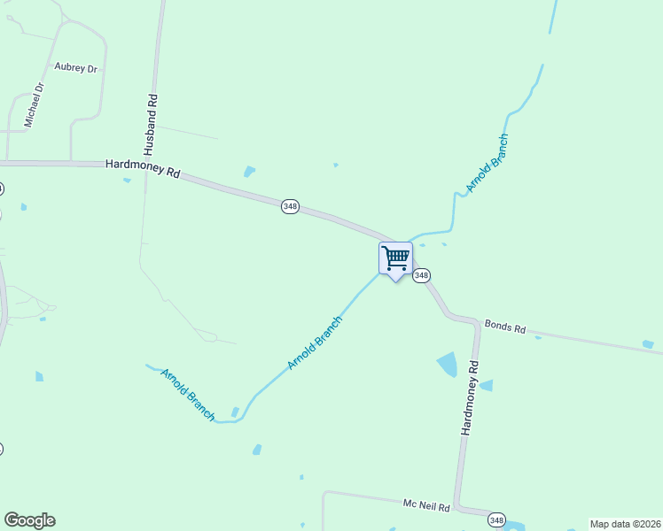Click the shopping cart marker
tap(395, 259)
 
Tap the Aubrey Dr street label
tap(75, 67)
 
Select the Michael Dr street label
tap(34, 105)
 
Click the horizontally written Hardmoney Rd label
tap(142, 168)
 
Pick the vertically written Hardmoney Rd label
tap(470, 396)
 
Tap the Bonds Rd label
tap(505, 327)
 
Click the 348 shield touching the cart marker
tap(422, 275)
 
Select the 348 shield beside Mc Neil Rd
tap(496, 519)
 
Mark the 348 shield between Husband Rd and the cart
tap(290, 206)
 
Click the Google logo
tap(29, 520)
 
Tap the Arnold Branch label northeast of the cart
tap(487, 164)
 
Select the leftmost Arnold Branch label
tap(188, 394)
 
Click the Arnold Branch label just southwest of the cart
tap(315, 342)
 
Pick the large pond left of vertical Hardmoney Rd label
tap(447, 364)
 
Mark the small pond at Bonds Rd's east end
tap(648, 344)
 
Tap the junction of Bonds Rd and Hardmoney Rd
tap(479, 322)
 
